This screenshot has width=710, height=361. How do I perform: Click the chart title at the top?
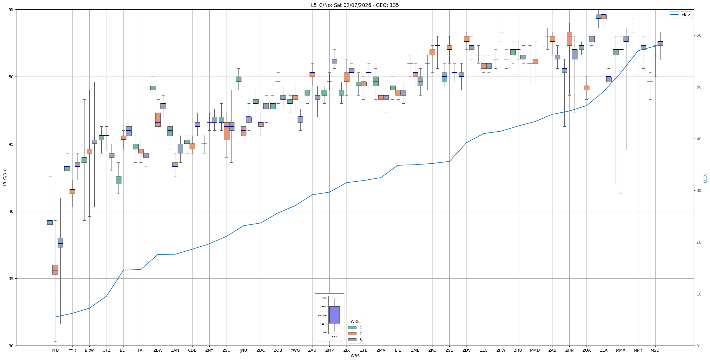point(355,5)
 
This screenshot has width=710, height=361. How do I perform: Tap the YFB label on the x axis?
point(55,350)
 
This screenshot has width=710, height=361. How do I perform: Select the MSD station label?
point(655,350)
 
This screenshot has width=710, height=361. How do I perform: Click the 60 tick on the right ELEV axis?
point(698,36)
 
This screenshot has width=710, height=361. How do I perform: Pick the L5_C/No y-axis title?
point(5,178)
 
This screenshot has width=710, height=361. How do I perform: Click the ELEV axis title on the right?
point(705,178)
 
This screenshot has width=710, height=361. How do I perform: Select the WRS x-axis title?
point(355,356)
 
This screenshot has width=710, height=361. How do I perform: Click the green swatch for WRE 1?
point(352,328)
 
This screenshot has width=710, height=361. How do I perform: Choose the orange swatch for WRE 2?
point(352,334)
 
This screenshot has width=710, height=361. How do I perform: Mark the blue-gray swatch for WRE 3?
point(352,340)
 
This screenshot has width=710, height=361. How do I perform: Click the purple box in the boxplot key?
point(334,315)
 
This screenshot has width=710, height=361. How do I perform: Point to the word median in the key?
point(322,315)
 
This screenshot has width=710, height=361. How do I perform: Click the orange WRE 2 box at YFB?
point(55,269)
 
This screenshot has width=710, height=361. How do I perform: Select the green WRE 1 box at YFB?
point(50,222)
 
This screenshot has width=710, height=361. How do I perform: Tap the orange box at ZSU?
point(227,131)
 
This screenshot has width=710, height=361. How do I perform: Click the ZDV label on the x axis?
point(467,350)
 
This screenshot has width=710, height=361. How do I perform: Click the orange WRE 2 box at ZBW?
point(158,119)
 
